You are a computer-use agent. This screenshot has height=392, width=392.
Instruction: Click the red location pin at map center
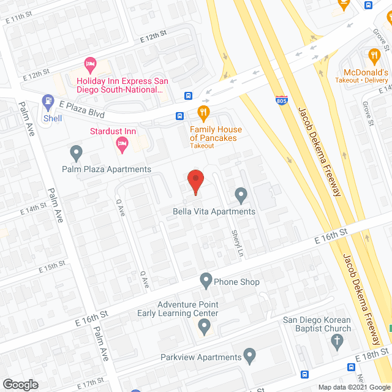point(195,182)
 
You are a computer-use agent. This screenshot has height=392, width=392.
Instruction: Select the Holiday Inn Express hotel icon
point(91,63)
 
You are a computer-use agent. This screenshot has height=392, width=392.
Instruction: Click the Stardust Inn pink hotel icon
point(121,145)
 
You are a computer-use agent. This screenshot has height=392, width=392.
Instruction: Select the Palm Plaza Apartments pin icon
point(76,151)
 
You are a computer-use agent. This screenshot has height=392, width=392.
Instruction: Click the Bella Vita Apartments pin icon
point(241,195)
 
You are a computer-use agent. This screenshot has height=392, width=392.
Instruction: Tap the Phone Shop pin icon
point(206,281)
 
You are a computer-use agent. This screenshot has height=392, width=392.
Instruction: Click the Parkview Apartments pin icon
point(249,355)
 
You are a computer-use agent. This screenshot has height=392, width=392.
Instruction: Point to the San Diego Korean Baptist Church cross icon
point(336,344)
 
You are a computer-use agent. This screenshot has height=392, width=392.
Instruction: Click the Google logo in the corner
point(20,384)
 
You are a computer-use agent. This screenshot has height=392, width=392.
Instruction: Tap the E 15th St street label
point(51,268)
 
